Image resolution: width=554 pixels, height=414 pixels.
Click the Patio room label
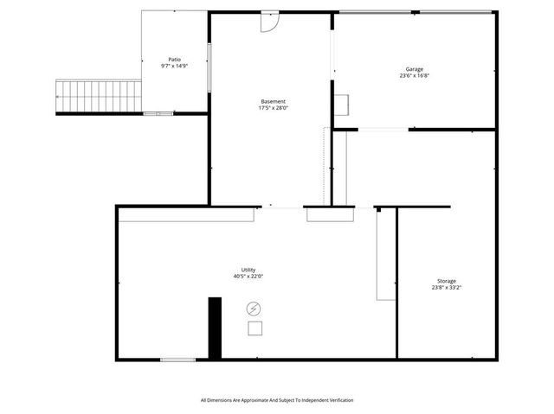click(175, 60)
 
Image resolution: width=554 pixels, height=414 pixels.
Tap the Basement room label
click(273, 101)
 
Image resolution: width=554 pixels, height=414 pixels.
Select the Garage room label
click(415, 69)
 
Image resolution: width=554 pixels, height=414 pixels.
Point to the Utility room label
click(248, 270)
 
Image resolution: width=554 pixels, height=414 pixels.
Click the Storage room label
click(447, 281)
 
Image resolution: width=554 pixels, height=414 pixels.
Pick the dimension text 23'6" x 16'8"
click(415, 76)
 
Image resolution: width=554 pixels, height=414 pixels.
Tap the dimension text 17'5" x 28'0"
click(273, 108)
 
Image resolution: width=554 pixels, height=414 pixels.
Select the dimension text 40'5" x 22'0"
click(248, 277)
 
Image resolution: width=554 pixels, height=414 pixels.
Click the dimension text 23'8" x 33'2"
click(447, 288)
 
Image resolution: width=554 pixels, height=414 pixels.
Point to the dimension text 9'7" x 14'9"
click(175, 67)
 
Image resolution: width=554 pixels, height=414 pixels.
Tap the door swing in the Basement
click(270, 21)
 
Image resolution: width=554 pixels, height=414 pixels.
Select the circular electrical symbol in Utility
click(254, 308)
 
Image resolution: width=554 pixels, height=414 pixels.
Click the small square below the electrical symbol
click(254, 328)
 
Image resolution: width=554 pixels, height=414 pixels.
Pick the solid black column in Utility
click(215, 327)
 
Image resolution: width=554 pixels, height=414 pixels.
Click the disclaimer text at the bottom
click(277, 400)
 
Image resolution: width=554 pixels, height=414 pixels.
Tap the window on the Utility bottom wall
click(177, 359)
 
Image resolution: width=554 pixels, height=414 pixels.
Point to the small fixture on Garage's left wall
click(342, 104)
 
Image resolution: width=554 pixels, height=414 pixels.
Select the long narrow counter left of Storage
click(385, 255)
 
